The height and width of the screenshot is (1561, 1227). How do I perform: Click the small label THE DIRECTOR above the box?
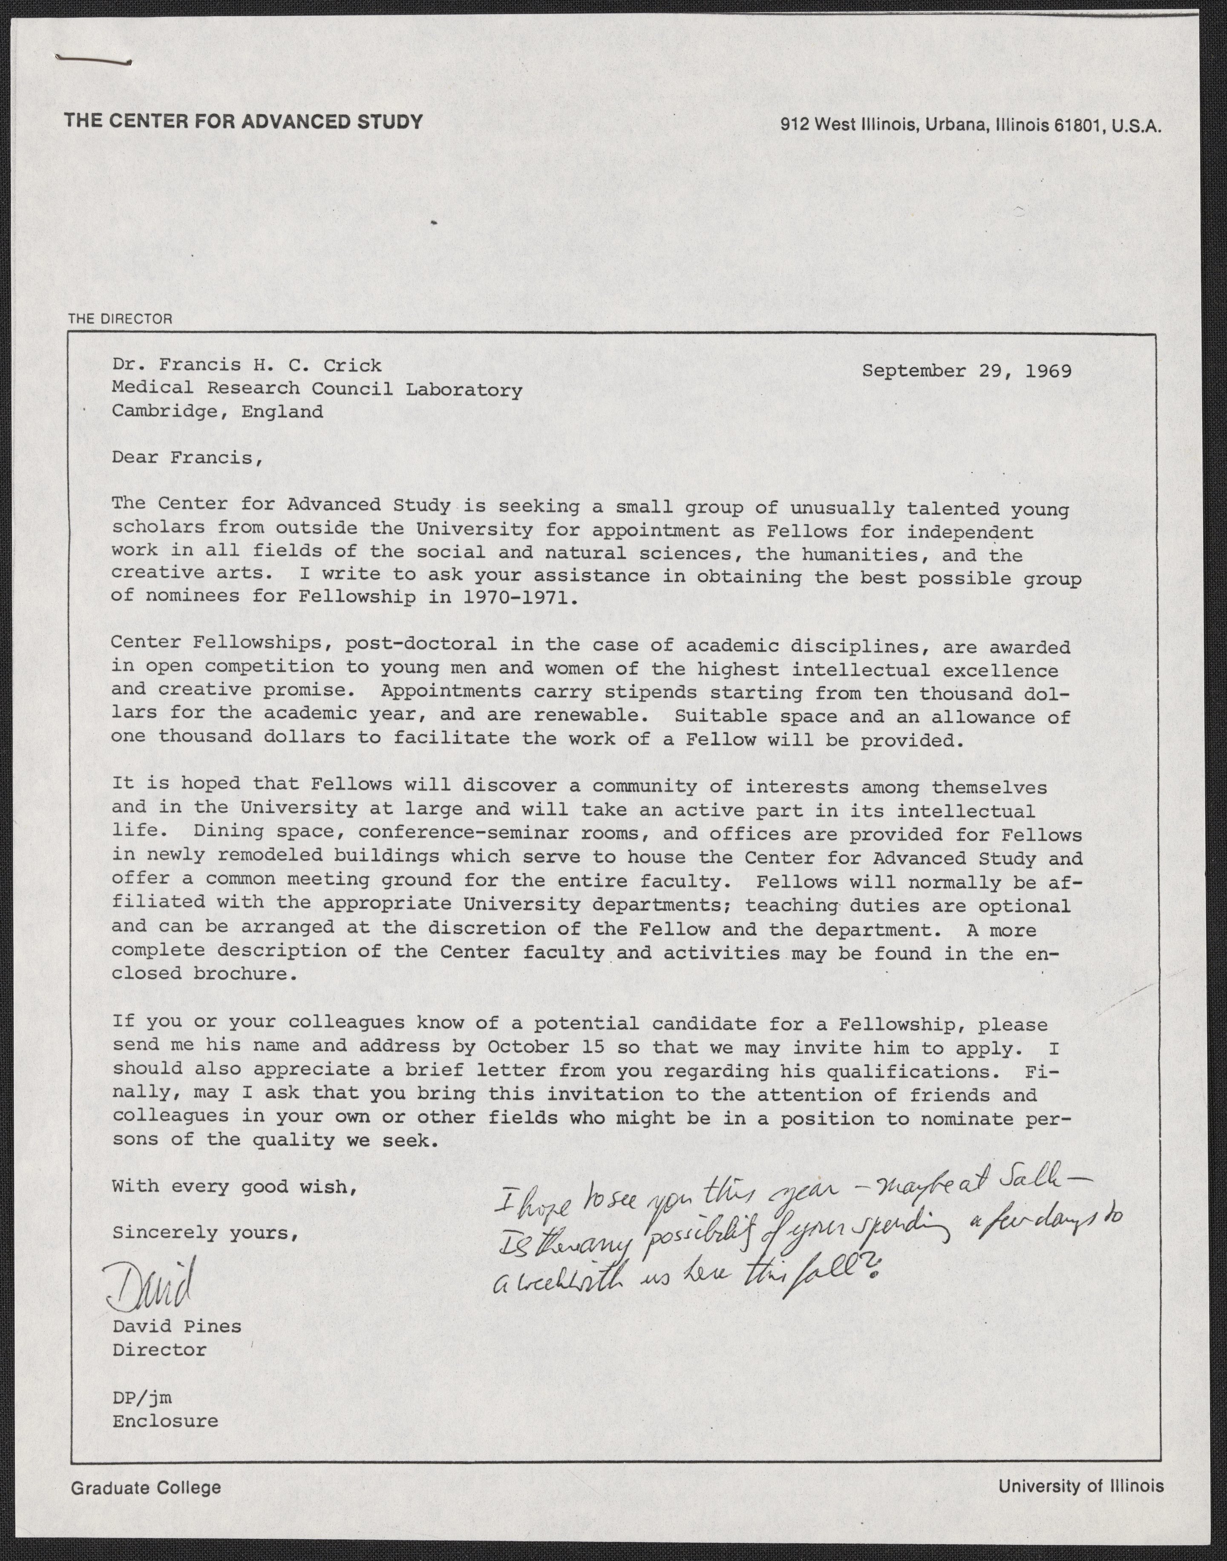pyautogui.click(x=120, y=318)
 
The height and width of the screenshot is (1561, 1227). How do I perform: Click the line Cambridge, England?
pyautogui.click(x=217, y=412)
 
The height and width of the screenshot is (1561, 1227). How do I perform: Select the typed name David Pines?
pyautogui.click(x=177, y=1326)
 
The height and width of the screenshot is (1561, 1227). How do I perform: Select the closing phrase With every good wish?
pyautogui.click(x=235, y=1187)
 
